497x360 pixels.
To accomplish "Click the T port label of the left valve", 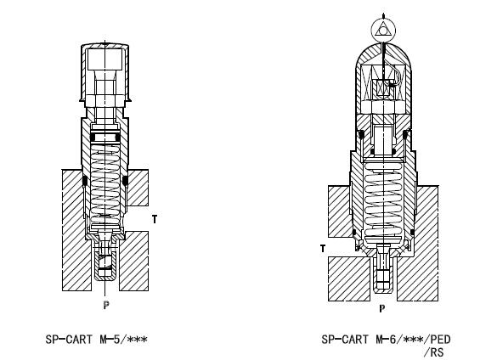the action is tap(155, 219).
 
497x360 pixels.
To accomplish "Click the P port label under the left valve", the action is tap(106, 305).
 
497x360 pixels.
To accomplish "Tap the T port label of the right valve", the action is tap(323, 249).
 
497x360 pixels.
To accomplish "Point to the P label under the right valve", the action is tap(382, 308).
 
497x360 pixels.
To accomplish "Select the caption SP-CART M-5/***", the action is tap(96, 340).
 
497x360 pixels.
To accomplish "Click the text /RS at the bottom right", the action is tap(433, 352).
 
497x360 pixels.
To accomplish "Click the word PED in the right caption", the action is tap(440, 340).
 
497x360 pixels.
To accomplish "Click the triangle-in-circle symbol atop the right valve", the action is tap(383, 30).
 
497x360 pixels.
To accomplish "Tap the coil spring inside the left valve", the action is tap(104, 183).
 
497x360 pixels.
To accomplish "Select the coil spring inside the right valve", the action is tap(383, 200).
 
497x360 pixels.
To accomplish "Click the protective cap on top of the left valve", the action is tap(104, 72).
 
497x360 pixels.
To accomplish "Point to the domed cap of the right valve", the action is tap(383, 77).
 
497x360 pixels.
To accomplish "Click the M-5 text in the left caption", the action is tap(110, 340).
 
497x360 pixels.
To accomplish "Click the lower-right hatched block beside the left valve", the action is tap(133, 261).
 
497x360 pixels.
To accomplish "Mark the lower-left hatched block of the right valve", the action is tap(349, 278).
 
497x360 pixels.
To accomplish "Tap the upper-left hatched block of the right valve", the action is tap(341, 211).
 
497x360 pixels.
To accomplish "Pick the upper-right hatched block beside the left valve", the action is tap(138, 188).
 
